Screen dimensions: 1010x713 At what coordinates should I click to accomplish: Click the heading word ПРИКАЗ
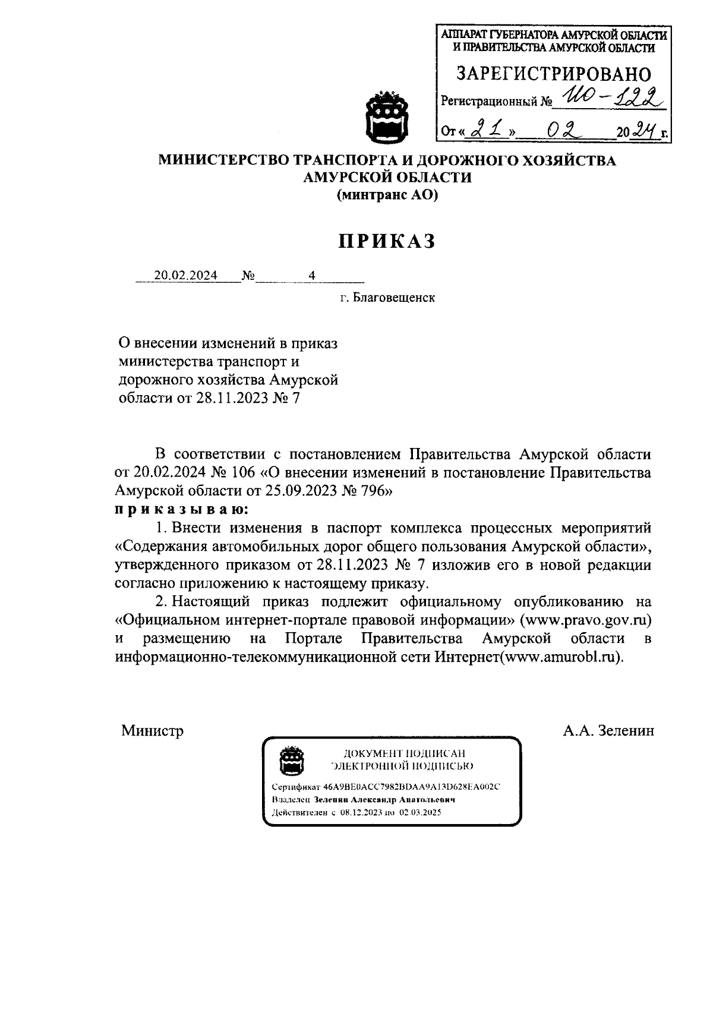[387, 241]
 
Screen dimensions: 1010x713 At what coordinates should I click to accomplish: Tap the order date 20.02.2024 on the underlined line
[186, 275]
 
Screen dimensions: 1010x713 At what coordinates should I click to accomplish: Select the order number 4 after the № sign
[311, 275]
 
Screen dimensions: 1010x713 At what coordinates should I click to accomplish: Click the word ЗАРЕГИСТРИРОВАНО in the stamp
[553, 74]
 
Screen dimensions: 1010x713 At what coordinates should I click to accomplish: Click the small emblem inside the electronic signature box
[292, 761]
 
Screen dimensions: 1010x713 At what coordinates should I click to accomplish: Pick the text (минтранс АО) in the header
[387, 195]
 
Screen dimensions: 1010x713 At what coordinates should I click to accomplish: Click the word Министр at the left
[153, 730]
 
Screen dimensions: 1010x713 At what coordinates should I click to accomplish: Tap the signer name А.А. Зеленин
[608, 730]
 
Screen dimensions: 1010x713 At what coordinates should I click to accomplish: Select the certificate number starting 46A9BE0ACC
[412, 786]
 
